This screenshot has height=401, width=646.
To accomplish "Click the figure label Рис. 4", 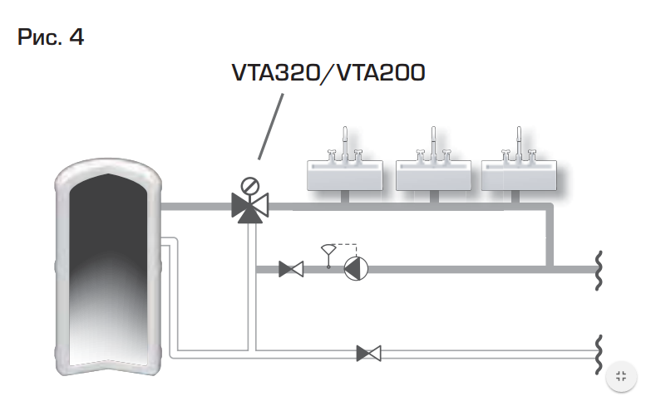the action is click(x=51, y=37).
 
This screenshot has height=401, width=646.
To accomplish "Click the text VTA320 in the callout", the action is click(x=276, y=73).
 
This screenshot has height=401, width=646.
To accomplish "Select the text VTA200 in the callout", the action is click(x=381, y=73).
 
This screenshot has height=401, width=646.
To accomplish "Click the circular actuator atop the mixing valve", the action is click(x=249, y=185).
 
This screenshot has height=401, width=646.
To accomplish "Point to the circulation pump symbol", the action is click(x=356, y=269).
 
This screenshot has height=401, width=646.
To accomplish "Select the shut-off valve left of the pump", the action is click(x=291, y=269).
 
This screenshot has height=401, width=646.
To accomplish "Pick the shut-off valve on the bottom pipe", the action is click(x=369, y=354).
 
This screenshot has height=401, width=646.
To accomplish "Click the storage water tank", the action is click(x=108, y=267).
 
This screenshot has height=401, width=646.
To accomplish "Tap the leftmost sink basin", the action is click(x=345, y=176).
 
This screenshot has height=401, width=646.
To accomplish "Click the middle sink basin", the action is click(x=433, y=176).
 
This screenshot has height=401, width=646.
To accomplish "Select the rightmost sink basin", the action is click(x=519, y=176).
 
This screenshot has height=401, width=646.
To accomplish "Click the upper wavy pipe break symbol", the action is click(x=599, y=270).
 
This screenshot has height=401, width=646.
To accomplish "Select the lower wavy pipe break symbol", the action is click(x=599, y=355).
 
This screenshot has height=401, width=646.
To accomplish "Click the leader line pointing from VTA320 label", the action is click(x=271, y=127).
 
